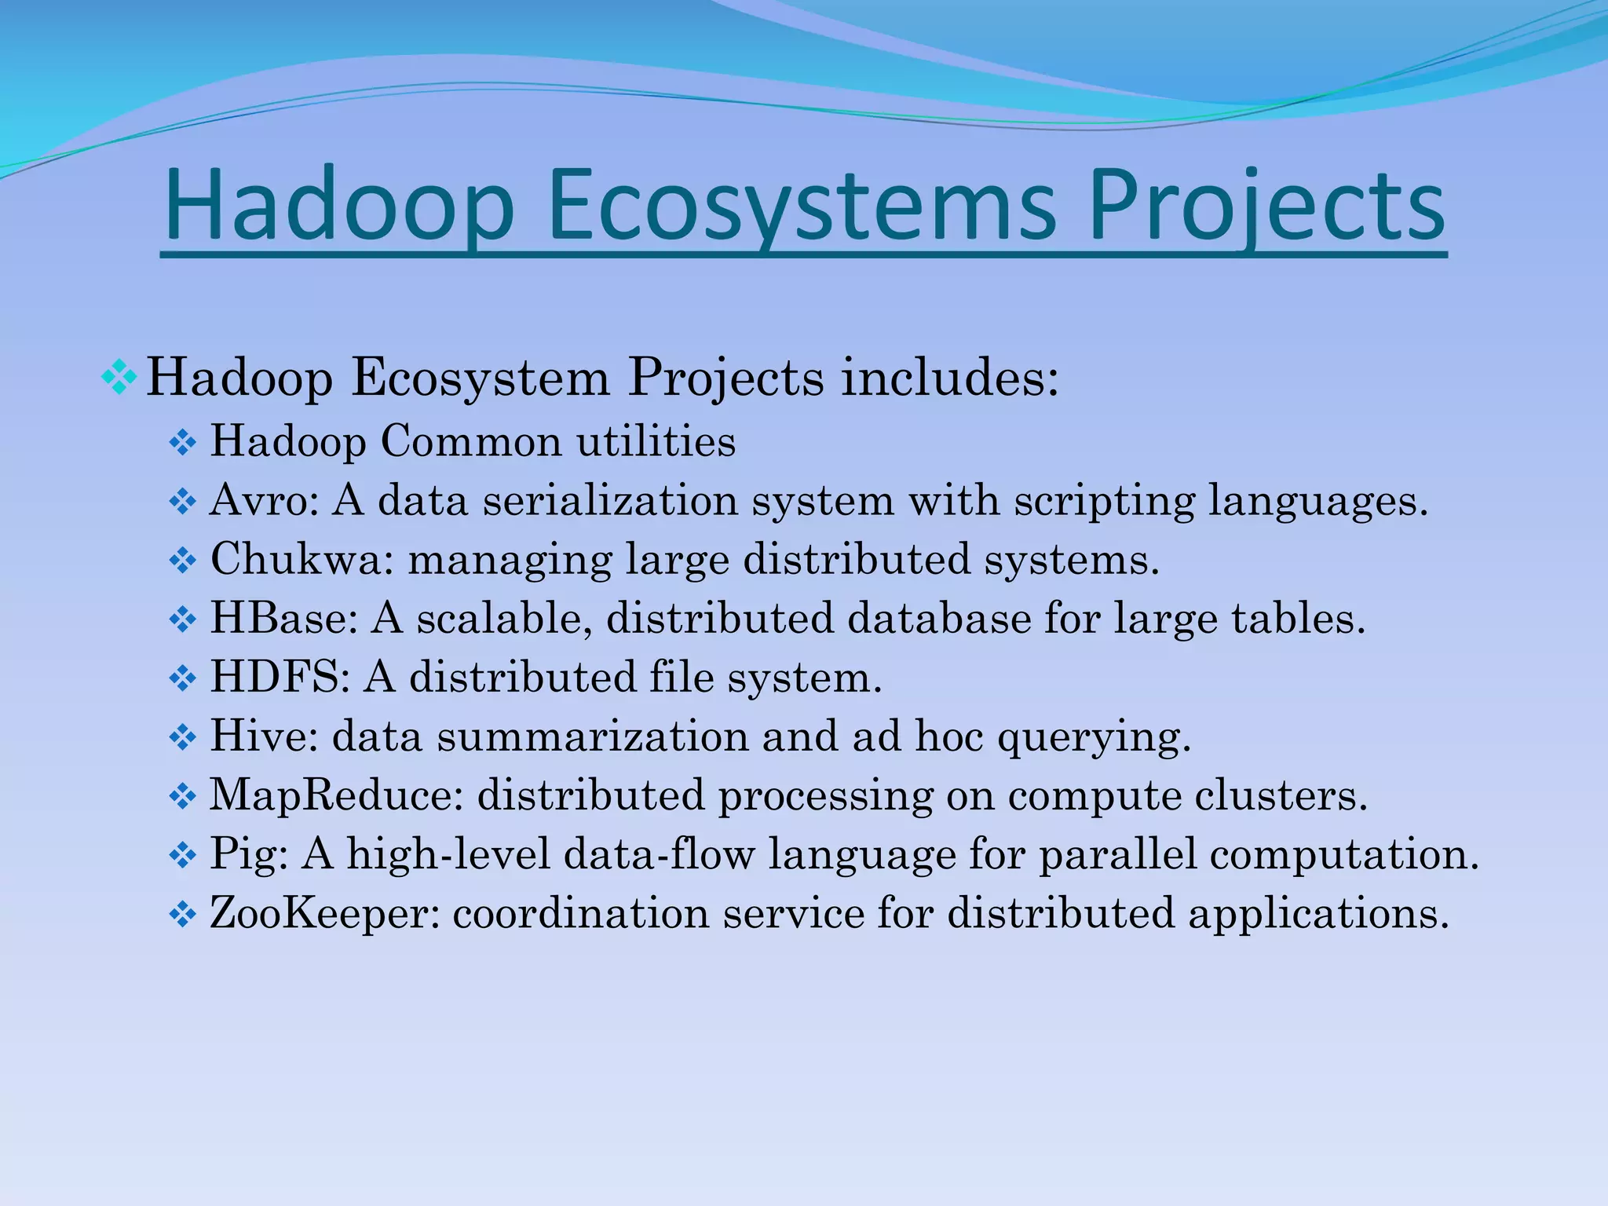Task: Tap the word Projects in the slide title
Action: click(1266, 207)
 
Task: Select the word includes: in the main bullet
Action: click(950, 378)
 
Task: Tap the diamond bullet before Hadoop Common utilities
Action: click(182, 444)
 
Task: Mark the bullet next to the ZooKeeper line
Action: click(182, 915)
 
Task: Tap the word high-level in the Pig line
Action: click(448, 854)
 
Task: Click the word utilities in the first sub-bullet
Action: click(656, 442)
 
